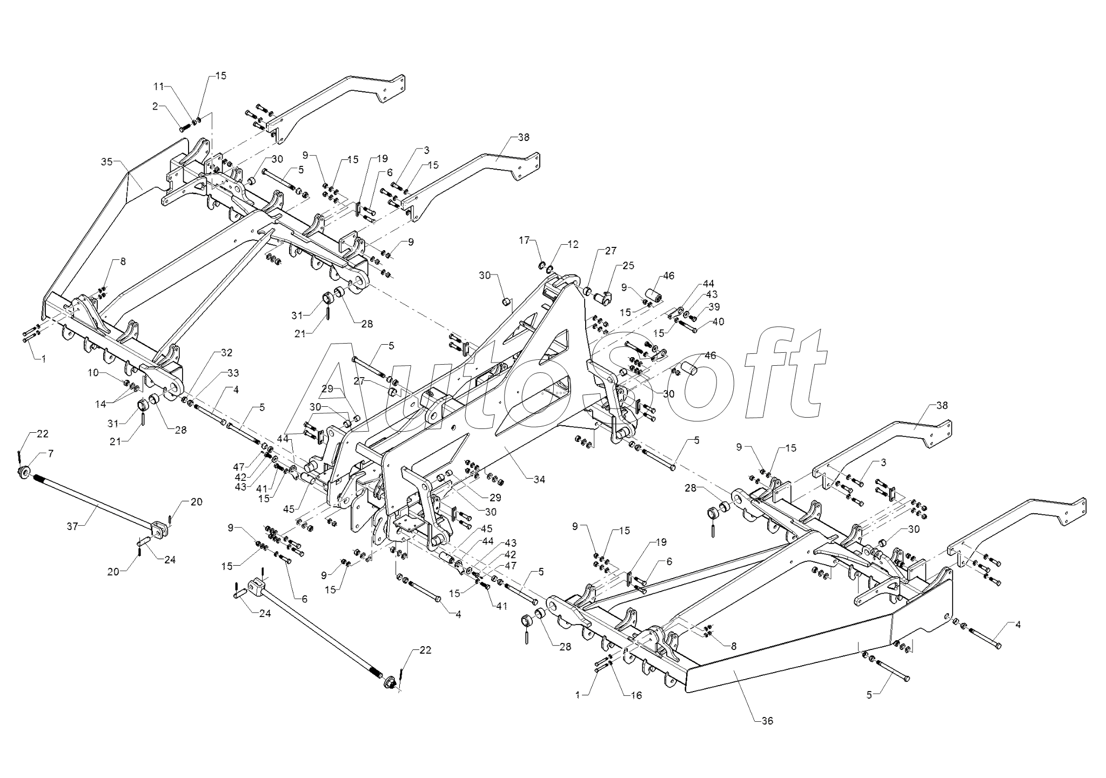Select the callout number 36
tap(767, 721)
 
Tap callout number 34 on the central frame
tap(539, 479)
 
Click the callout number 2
tap(156, 106)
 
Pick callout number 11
tap(159, 86)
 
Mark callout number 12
tap(573, 244)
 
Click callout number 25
tap(628, 265)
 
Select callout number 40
tap(718, 321)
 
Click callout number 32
tap(226, 353)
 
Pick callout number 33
tap(233, 373)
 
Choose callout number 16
tap(636, 695)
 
